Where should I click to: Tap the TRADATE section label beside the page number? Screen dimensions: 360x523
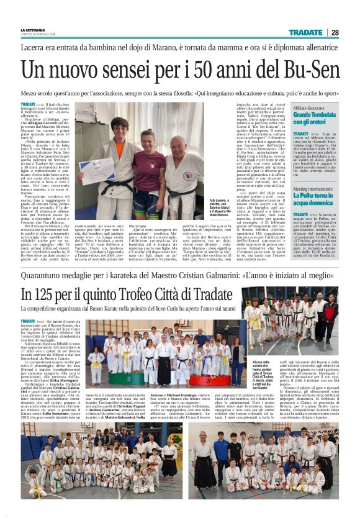pyautogui.click(x=305, y=32)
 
